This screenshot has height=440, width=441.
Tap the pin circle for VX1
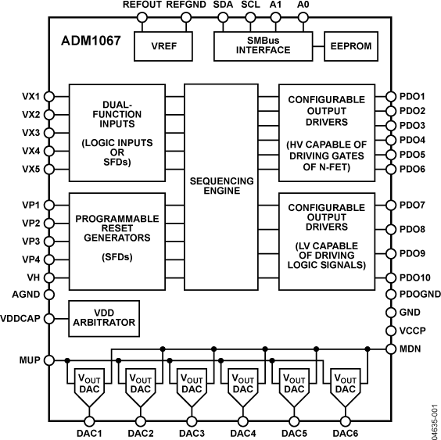(x=49, y=96)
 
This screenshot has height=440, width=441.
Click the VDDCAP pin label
(x=22, y=319)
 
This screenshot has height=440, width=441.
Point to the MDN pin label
(x=412, y=348)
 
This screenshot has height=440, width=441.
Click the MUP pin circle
(x=49, y=360)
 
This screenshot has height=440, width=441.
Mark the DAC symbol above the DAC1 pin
(x=88, y=388)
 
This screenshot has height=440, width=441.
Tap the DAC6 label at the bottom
(x=346, y=432)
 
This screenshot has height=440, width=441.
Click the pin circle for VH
(x=49, y=277)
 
